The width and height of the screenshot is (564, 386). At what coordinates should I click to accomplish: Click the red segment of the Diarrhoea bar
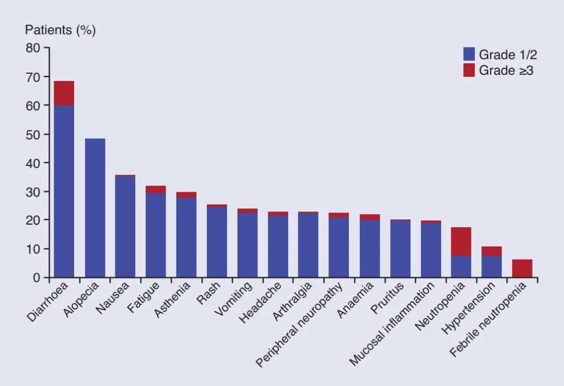click(64, 93)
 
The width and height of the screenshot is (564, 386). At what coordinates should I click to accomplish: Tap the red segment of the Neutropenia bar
click(461, 241)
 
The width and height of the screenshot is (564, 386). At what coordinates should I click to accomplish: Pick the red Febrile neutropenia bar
click(522, 268)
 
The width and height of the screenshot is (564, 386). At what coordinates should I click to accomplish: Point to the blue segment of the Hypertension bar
click(491, 266)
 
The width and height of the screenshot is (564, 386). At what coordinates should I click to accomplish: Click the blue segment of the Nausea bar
click(125, 227)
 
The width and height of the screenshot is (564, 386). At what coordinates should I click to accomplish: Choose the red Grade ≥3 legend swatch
click(469, 70)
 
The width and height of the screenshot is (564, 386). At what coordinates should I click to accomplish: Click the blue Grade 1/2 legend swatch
click(469, 54)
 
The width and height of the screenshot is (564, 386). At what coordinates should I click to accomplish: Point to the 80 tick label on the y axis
click(33, 48)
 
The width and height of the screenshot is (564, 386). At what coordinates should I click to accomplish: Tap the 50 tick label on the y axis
click(33, 134)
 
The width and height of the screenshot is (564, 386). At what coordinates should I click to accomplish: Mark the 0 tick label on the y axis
click(37, 278)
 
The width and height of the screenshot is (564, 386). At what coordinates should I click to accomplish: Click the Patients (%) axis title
click(60, 30)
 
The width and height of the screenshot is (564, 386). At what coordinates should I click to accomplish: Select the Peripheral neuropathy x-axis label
click(300, 324)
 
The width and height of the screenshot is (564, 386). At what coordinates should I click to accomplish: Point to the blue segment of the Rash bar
click(217, 242)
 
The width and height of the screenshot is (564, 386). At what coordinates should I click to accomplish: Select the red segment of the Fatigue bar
click(156, 189)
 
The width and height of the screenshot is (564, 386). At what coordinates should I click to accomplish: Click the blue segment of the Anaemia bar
click(369, 249)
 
